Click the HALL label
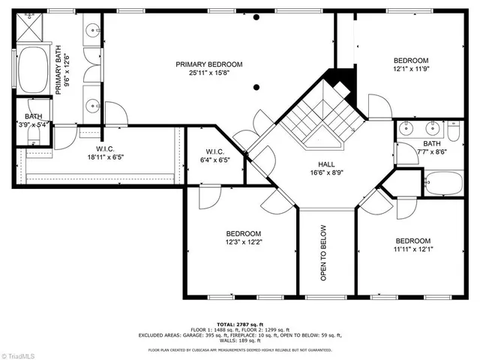326,164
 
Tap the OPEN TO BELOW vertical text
324,253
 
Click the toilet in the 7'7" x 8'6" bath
454,131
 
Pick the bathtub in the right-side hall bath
442,182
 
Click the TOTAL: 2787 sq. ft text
239,323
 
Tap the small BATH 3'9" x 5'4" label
33,121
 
